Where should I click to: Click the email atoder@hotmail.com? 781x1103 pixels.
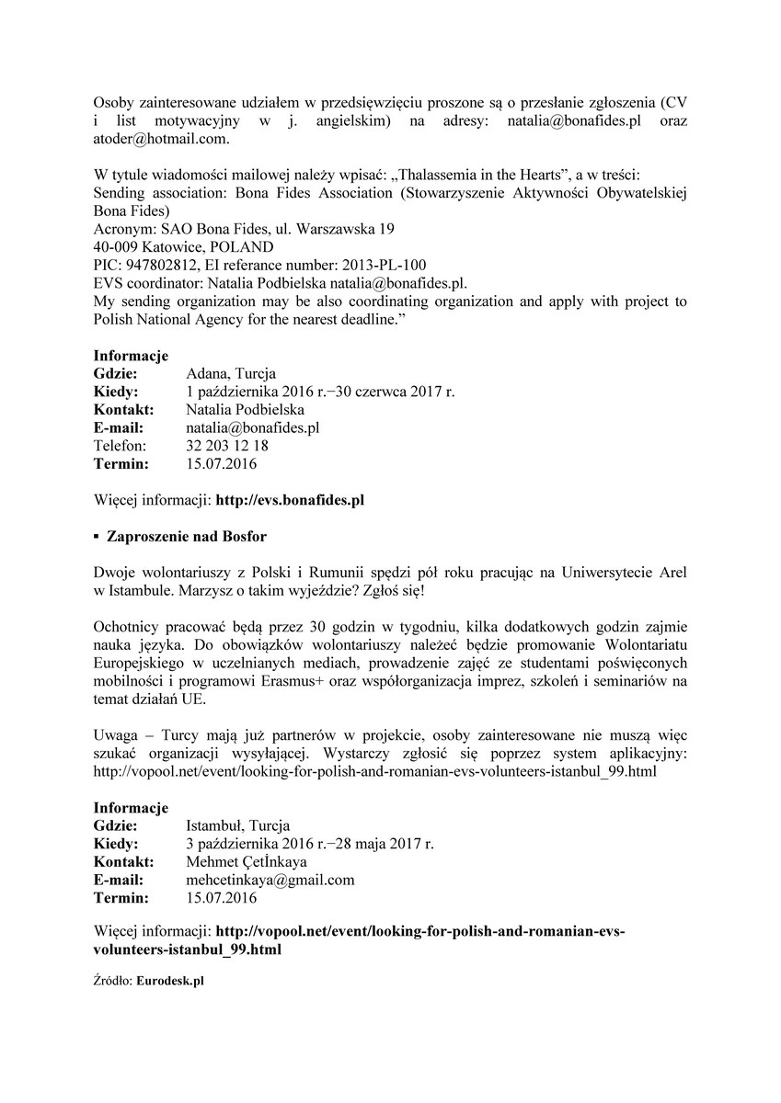click(161, 139)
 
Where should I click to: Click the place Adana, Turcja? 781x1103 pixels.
click(224, 374)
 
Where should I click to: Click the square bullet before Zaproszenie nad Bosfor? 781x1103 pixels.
click(97, 536)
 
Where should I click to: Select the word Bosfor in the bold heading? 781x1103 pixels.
click(244, 536)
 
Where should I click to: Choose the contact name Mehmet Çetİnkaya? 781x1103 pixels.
click(247, 861)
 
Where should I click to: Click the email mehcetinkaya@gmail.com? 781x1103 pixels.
click(270, 880)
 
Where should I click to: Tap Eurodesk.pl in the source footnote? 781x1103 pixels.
click(169, 981)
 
